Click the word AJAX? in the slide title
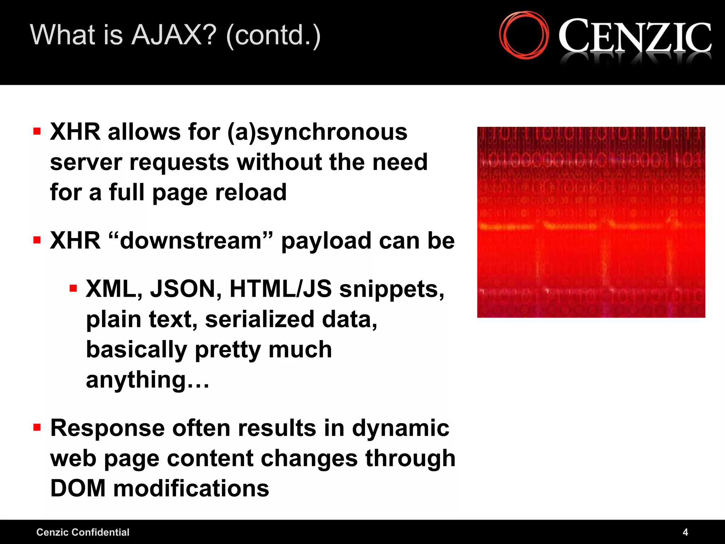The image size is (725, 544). point(174,35)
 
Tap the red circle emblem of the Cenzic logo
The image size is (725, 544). point(524,35)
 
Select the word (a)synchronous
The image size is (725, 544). point(317,132)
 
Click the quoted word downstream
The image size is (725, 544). point(191,241)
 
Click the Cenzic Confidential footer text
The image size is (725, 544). point(83,532)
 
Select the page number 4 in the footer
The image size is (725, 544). point(685,532)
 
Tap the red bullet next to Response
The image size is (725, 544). point(37,427)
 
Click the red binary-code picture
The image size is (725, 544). point(591,222)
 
